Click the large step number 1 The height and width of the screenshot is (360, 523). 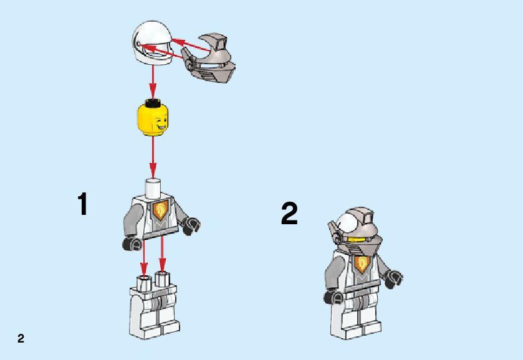click(83, 204)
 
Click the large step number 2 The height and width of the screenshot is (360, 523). click(289, 214)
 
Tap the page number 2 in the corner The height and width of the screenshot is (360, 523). click(21, 338)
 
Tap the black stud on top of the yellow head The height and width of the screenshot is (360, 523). click(152, 102)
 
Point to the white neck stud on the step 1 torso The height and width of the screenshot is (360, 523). click(153, 186)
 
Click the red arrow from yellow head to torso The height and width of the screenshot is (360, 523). click(153, 156)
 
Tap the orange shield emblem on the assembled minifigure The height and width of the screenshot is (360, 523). click(360, 264)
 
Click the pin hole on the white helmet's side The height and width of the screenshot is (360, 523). click(138, 44)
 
